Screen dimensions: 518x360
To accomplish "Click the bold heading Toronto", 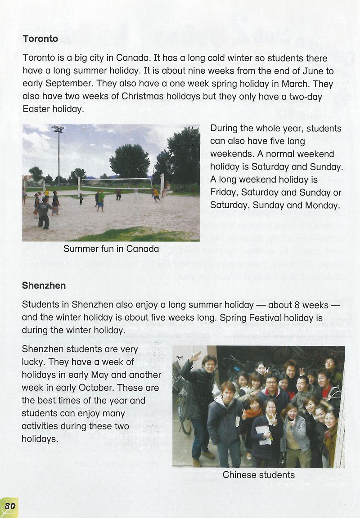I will pyautogui.click(x=40, y=39).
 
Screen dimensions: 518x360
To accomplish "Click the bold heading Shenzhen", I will pyautogui.click(x=44, y=286).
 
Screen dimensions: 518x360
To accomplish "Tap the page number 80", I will pyautogui.click(x=10, y=506).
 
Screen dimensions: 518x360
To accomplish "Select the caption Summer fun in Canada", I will pyautogui.click(x=111, y=249).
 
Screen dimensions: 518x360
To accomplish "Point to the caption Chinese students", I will pyautogui.click(x=259, y=475).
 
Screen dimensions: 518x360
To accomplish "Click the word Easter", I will pyautogui.click(x=36, y=109).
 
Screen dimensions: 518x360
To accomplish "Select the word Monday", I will pyautogui.click(x=322, y=205).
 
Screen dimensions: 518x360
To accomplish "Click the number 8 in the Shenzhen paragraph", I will pyautogui.click(x=297, y=305).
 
